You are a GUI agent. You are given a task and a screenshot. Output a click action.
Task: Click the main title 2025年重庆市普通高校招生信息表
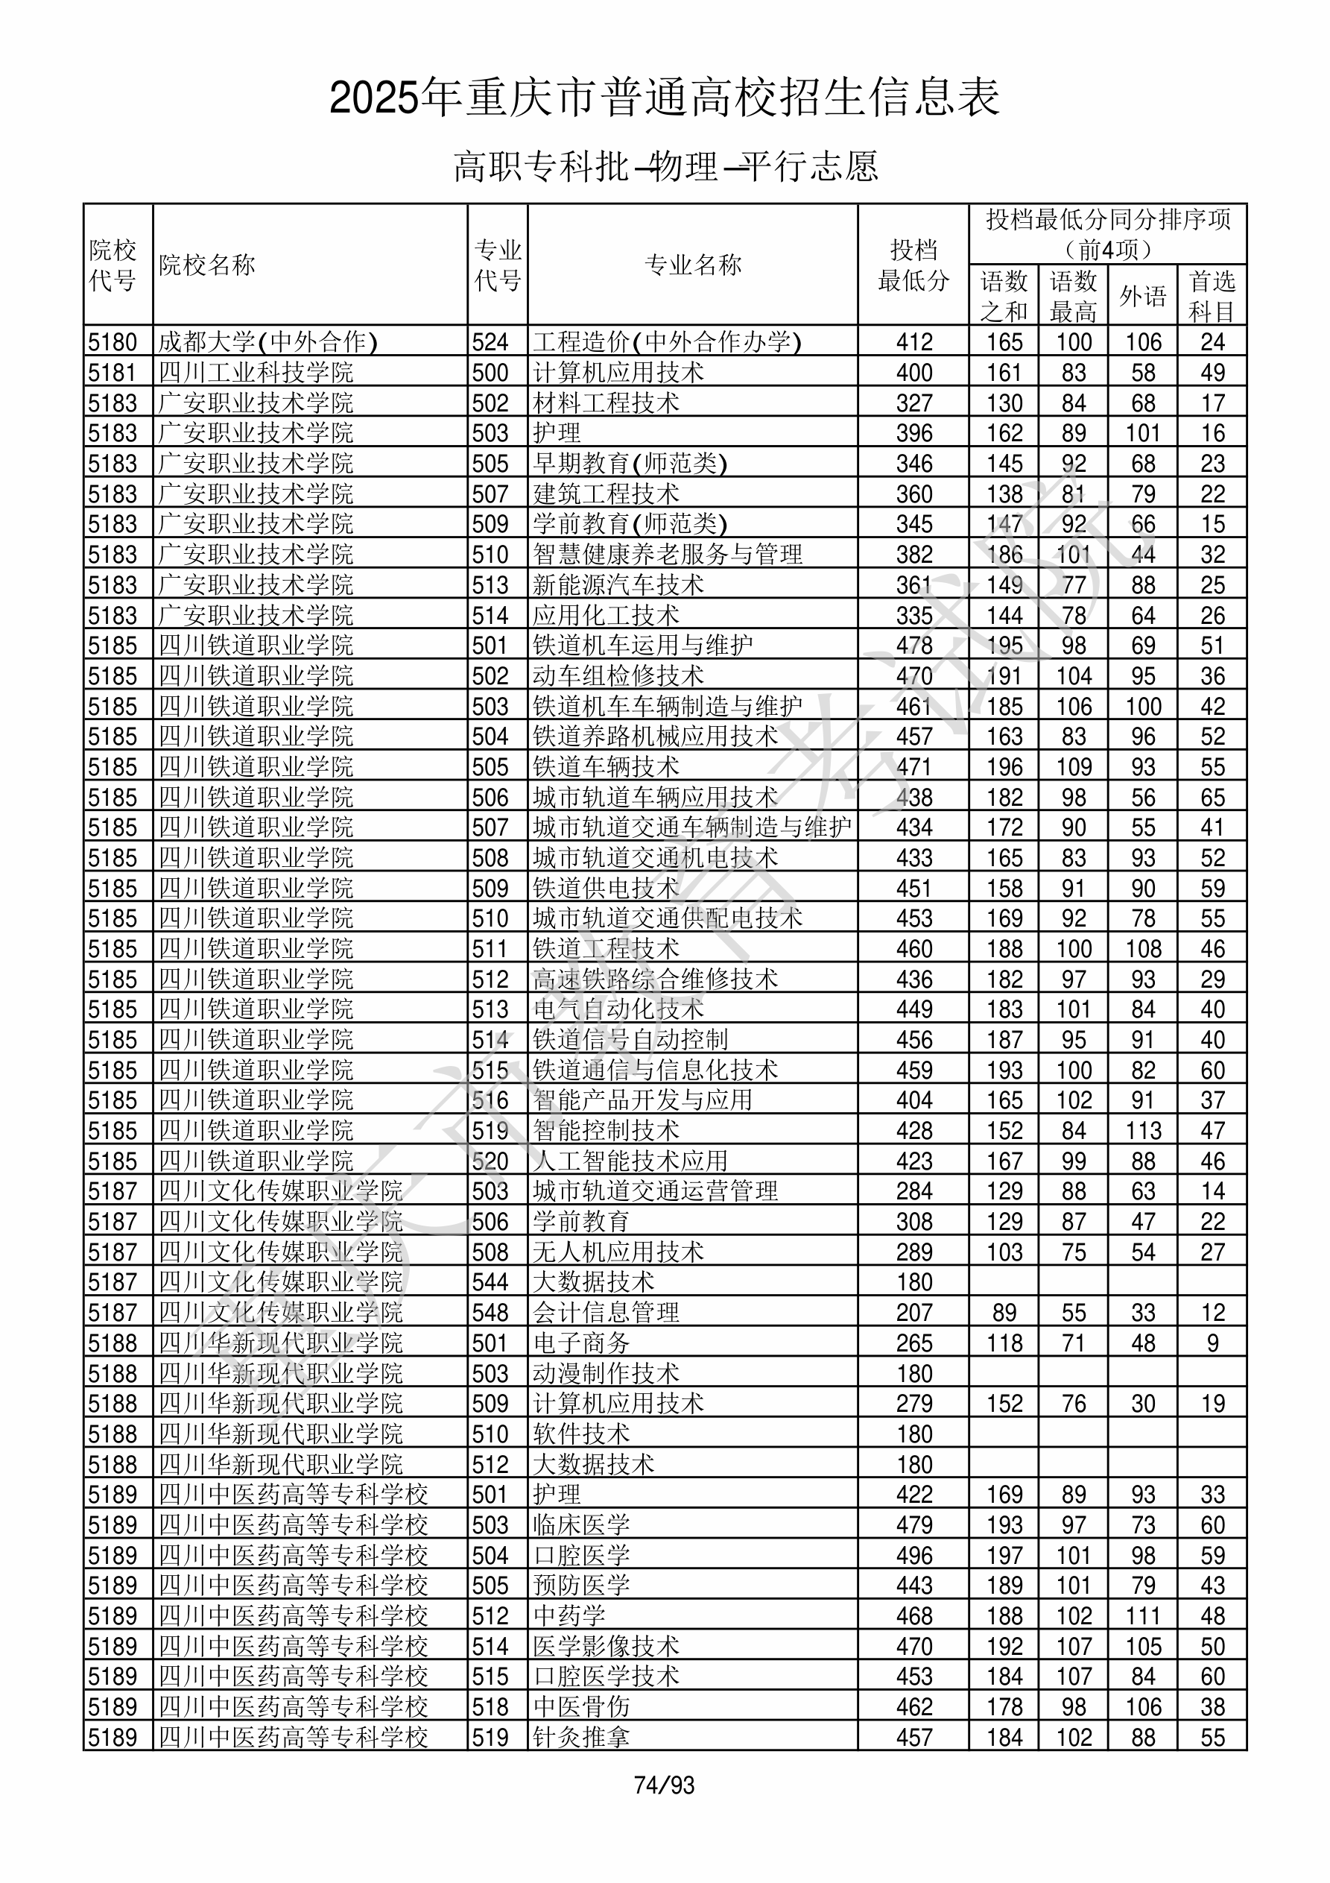[665, 98]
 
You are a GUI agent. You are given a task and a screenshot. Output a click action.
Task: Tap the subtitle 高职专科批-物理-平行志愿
[665, 166]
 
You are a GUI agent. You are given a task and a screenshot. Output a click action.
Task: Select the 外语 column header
[1142, 295]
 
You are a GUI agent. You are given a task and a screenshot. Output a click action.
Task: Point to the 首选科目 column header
[1212, 295]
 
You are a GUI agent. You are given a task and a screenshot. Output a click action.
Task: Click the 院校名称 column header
[207, 265]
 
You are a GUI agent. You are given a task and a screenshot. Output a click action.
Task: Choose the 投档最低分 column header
[913, 265]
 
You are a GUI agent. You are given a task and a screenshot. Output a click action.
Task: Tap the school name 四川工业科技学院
[256, 372]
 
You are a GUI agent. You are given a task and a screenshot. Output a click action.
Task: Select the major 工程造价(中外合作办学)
[667, 341]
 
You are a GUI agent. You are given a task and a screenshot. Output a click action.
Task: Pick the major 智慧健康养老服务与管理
[668, 555]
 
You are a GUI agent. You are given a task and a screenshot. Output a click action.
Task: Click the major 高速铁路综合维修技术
[655, 980]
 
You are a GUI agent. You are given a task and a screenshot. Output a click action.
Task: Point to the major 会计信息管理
[606, 1313]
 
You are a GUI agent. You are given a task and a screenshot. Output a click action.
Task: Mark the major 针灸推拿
[581, 1737]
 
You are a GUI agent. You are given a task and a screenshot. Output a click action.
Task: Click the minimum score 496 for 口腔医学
[914, 1556]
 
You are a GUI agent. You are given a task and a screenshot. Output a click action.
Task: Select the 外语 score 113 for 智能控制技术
[1143, 1131]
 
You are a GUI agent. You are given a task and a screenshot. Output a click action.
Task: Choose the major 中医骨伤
[581, 1706]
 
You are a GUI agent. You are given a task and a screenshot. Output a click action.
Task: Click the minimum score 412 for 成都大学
[914, 341]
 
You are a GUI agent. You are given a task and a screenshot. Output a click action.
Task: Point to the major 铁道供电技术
[606, 888]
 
